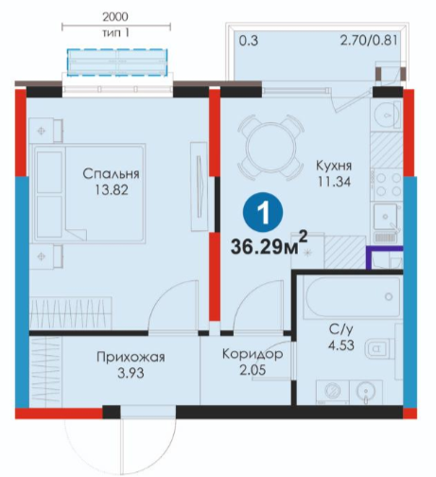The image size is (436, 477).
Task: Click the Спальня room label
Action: tap(111, 174)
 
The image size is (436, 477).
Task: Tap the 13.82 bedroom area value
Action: tap(112, 190)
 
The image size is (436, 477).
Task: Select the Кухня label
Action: tap(334, 166)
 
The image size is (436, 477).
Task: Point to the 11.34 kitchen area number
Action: tap(334, 182)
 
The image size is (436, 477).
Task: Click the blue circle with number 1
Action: tap(263, 212)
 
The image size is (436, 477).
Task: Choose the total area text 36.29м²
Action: tap(269, 244)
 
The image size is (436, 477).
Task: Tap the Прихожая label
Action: tap(131, 357)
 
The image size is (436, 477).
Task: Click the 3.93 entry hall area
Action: tap(131, 373)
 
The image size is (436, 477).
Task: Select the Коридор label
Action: tap(253, 354)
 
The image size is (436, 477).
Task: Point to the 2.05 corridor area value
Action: tap(253, 370)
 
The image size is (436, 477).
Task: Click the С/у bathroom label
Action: tap(341, 329)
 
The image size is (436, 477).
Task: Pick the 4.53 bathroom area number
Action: tap(341, 345)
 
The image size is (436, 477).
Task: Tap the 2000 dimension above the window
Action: tap(115, 17)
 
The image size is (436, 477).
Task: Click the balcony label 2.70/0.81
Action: tap(369, 41)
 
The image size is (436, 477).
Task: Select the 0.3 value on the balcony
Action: tap(249, 41)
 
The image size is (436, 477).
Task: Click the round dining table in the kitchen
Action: tap(271, 148)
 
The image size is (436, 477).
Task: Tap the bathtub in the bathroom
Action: tap(352, 297)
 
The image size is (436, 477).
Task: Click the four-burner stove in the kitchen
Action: tap(387, 185)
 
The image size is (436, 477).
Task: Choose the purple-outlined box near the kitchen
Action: tap(384, 257)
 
